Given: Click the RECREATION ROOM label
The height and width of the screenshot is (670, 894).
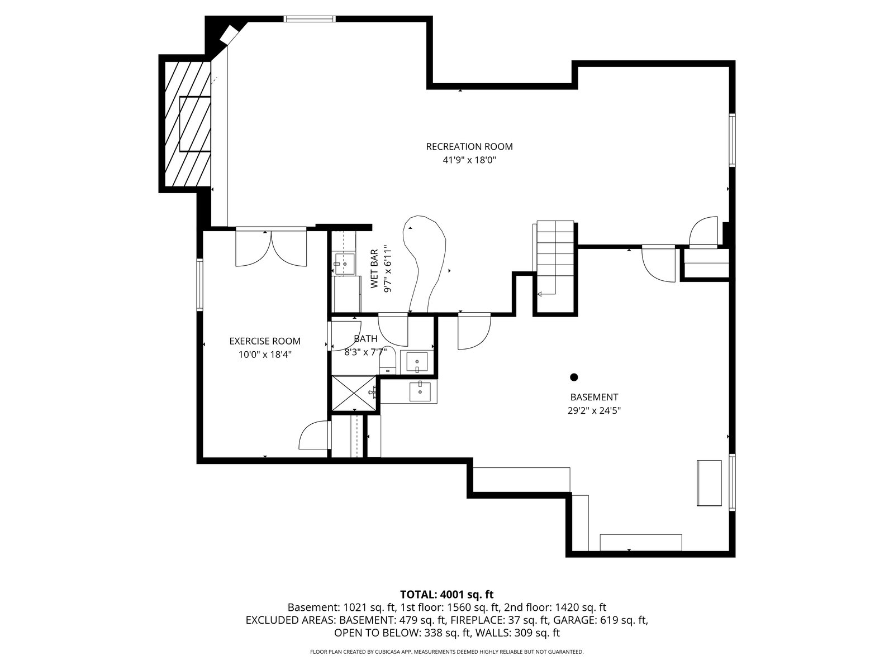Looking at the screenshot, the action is (469, 146).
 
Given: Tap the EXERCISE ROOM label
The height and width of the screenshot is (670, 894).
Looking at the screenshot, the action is (265, 341).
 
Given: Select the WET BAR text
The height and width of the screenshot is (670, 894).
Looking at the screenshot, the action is (374, 269).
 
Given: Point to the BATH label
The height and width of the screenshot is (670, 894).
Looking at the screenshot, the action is (365, 338).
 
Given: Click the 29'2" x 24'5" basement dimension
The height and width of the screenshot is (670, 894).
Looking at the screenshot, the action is (594, 410).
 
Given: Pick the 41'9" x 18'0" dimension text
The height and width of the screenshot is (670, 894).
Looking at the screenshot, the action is (469, 160).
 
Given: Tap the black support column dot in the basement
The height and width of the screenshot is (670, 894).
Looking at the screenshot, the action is (574, 377).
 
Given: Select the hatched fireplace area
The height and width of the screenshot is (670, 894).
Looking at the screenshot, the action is (188, 124).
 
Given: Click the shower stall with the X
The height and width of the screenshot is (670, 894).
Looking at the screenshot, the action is (354, 393).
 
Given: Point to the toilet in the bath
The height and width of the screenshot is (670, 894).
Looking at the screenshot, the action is (387, 361).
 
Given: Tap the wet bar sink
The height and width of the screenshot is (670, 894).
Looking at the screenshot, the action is (345, 264).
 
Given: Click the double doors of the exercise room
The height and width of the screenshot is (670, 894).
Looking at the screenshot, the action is (271, 247).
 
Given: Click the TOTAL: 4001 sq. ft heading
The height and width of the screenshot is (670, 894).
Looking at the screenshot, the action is (447, 594).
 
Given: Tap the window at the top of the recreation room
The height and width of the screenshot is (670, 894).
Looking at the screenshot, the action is (310, 18).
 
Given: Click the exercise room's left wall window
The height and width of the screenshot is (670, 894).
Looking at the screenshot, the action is (199, 285).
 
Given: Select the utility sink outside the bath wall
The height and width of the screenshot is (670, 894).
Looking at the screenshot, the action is (420, 391).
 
